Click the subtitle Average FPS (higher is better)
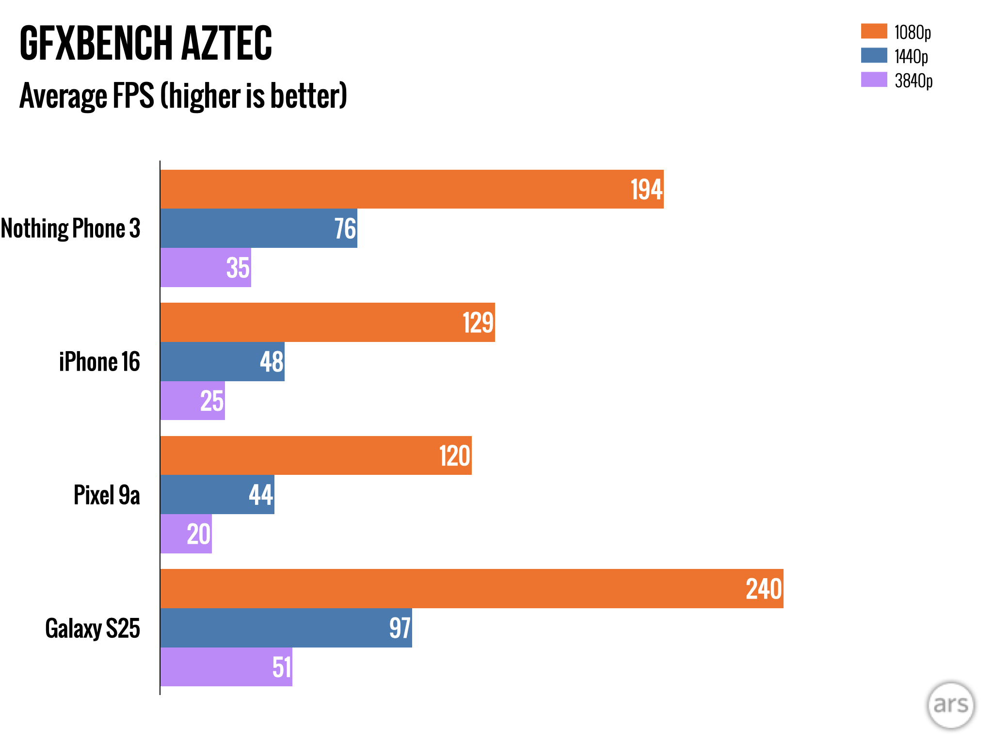click(183, 96)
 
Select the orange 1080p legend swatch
click(874, 31)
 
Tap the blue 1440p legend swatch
click(874, 55)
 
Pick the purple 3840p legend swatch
click(874, 80)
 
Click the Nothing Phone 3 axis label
click(71, 228)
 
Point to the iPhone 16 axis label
click(99, 362)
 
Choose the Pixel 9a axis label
click(107, 495)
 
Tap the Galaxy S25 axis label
click(93, 629)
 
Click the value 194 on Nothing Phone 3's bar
click(646, 190)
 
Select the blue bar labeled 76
click(258, 228)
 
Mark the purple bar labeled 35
click(205, 268)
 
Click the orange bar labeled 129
click(327, 323)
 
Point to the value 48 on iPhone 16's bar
click(272, 362)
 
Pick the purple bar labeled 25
click(192, 401)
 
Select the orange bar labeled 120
click(316, 455)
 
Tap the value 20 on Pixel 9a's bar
click(199, 534)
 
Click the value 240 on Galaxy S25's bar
click(764, 589)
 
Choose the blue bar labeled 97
click(286, 628)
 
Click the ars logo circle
click(950, 705)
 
